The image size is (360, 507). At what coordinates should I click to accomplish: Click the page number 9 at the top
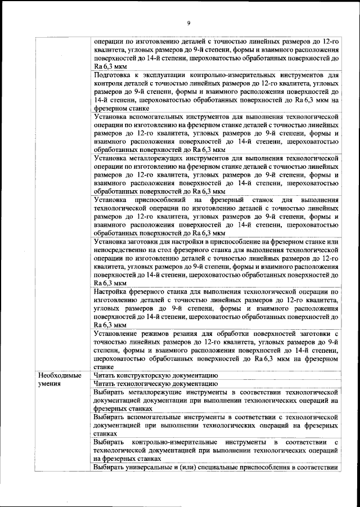click(189, 23)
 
